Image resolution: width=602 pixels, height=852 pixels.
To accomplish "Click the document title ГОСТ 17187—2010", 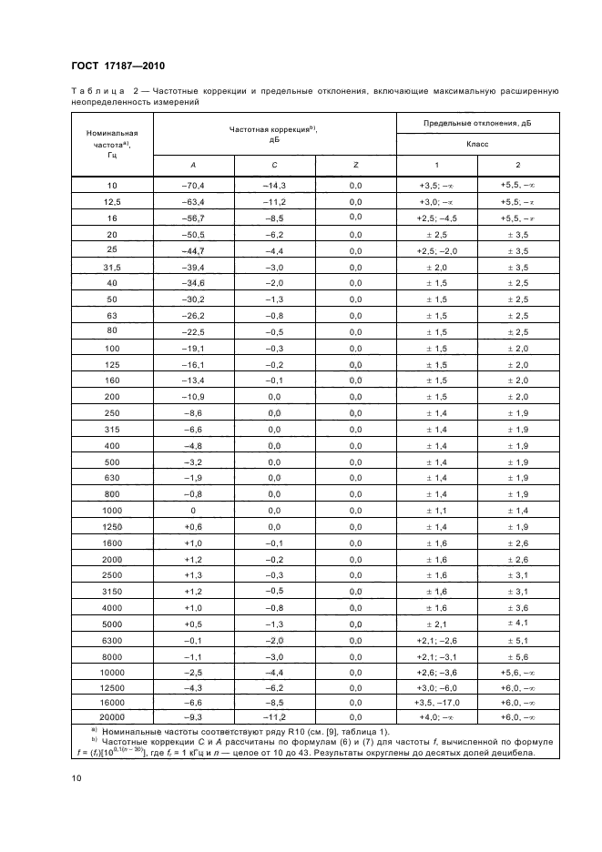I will (x=117, y=66).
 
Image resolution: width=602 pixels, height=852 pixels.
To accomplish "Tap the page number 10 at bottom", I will (x=77, y=777).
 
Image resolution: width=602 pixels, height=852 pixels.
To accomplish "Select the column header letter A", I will (x=193, y=165).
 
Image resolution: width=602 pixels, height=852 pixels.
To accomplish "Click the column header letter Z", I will (x=355, y=165).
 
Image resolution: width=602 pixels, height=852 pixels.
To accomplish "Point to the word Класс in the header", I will (x=477, y=144).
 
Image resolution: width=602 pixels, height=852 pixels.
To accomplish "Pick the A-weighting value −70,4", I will (x=193, y=185).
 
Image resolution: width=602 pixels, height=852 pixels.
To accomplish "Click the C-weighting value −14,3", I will (x=275, y=185).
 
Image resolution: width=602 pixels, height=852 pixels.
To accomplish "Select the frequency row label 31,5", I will (x=113, y=267).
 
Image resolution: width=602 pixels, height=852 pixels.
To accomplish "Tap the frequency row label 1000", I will (x=113, y=511).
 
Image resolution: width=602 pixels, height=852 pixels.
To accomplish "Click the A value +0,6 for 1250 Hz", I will (x=193, y=527).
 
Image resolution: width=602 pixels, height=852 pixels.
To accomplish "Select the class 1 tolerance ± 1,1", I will (x=436, y=511).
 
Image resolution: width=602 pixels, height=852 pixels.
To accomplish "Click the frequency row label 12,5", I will (x=113, y=201).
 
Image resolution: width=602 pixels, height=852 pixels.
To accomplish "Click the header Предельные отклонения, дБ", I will (x=477, y=122).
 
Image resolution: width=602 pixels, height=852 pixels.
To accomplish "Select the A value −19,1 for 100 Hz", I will (x=193, y=348).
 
